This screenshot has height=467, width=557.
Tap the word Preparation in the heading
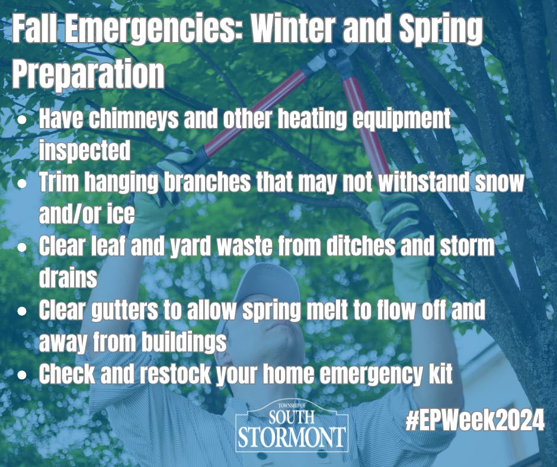pos(88,75)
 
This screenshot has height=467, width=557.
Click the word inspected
pos(84,151)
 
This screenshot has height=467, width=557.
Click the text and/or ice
pos(87,215)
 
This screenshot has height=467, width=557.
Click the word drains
pos(68,277)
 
